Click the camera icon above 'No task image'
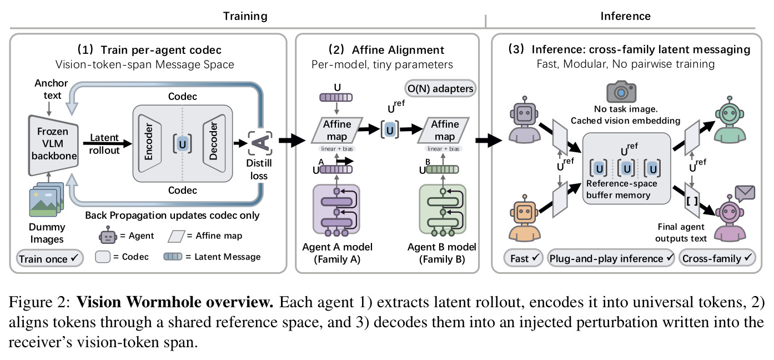point(621,92)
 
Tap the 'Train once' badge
point(49,258)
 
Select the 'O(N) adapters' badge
point(440,88)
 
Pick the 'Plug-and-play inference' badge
point(611,258)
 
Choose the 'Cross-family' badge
point(717,258)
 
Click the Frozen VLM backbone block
point(53,144)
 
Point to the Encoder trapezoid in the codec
point(149,143)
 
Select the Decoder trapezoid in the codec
point(214,143)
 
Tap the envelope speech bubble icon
point(745,194)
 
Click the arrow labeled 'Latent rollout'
point(108,143)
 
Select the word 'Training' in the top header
point(245,16)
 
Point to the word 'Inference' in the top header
point(625,16)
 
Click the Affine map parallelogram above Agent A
point(337,131)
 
